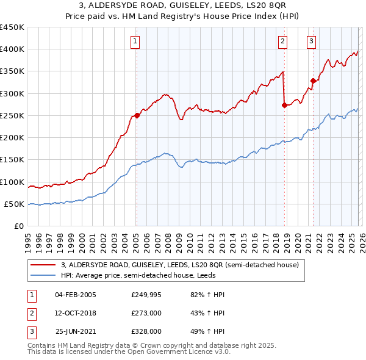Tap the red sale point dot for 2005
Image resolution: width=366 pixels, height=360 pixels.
click(137, 115)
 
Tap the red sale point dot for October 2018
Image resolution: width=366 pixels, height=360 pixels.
click(285, 105)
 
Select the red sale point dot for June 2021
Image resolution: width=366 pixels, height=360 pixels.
click(314, 81)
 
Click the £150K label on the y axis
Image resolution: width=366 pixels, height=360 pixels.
click(12, 159)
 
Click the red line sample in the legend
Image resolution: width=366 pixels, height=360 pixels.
click(43, 265)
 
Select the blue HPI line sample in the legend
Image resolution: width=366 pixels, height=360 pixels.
click(43, 275)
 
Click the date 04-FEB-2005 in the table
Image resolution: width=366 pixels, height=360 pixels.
click(75, 295)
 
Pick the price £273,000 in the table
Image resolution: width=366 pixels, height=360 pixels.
click(146, 313)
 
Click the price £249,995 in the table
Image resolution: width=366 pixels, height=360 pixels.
click(146, 295)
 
